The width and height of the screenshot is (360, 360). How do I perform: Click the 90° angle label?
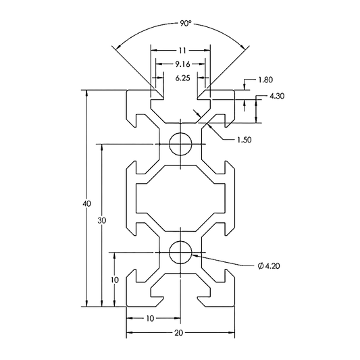tap(185, 23)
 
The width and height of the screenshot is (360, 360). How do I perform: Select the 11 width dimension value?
tap(182, 50)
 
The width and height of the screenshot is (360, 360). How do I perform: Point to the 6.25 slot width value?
tap(182, 78)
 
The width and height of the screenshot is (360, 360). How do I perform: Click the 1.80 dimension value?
tap(265, 81)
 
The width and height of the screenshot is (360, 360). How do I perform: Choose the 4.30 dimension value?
tap(277, 97)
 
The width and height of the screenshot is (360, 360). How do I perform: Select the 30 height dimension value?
tap(101, 221)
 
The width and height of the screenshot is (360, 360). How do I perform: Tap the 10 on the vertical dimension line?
tap(115, 279)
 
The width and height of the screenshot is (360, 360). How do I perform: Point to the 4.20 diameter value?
tap(273, 266)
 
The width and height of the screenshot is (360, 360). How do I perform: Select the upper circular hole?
tap(182, 143)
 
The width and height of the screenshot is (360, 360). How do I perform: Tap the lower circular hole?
tap(182, 253)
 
